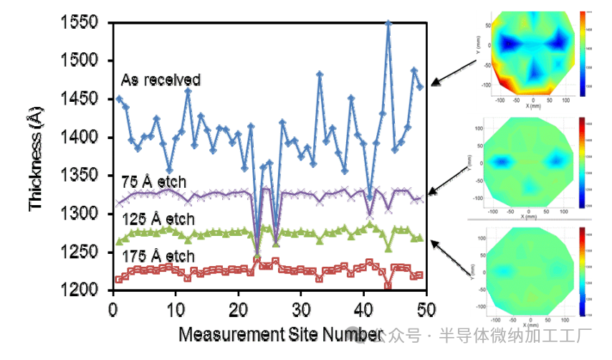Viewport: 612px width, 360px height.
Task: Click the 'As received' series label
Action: click(161, 79)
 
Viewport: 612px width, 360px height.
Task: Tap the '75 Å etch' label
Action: click(149, 180)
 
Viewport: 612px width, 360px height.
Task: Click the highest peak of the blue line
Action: click(388, 23)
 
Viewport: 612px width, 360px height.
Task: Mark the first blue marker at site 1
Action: click(119, 99)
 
